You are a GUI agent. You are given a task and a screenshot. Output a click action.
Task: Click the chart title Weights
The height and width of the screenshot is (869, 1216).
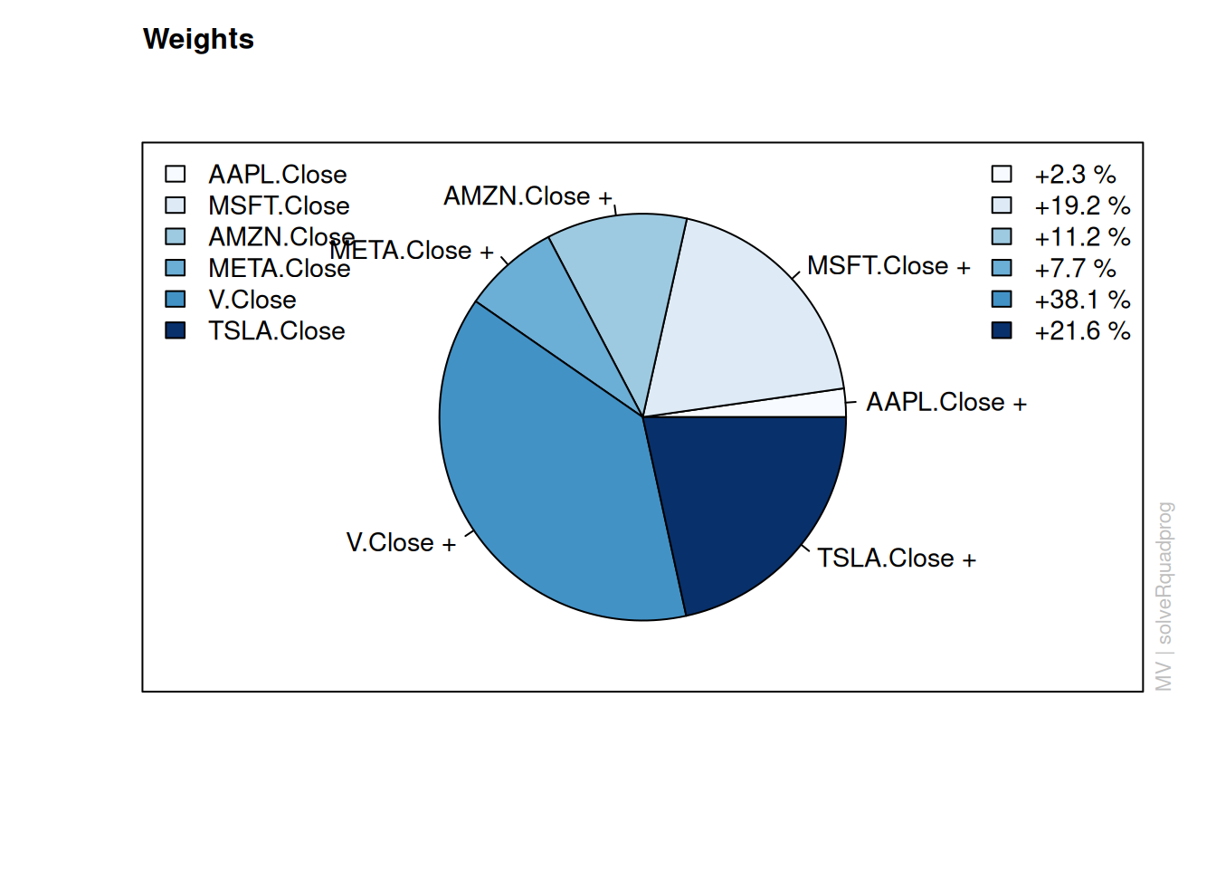(198, 39)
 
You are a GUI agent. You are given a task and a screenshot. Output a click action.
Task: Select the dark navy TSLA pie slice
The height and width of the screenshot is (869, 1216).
(744, 500)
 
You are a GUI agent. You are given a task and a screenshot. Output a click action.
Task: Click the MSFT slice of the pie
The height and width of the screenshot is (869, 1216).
(749, 326)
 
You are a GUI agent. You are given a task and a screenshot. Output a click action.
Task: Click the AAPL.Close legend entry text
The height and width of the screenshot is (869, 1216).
(278, 175)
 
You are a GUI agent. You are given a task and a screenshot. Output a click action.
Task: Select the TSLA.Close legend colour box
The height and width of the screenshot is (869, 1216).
(175, 330)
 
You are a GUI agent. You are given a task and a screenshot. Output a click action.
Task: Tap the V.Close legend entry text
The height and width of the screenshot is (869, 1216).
(252, 300)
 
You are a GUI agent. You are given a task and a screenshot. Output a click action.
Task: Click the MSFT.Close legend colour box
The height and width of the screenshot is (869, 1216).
(175, 205)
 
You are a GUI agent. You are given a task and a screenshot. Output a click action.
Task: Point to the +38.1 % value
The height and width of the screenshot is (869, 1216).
(1082, 300)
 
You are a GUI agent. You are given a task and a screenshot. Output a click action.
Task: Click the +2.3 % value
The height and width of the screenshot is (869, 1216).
(1075, 175)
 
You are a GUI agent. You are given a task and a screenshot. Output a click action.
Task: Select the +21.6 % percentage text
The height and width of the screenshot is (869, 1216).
(1082, 330)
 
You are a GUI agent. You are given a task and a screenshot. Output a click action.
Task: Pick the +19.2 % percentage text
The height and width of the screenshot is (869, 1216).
(1082, 205)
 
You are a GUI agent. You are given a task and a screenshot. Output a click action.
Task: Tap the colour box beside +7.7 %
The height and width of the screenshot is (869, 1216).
(1002, 268)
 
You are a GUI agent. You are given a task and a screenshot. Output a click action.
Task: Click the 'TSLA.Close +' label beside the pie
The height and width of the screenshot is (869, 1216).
(897, 559)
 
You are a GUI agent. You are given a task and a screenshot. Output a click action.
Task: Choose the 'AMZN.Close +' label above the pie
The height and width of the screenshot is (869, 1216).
(527, 196)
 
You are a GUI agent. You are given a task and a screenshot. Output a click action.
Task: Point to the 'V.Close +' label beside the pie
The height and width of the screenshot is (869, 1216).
(401, 542)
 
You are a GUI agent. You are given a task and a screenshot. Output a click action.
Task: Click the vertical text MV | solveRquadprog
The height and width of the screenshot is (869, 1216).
(1164, 597)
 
